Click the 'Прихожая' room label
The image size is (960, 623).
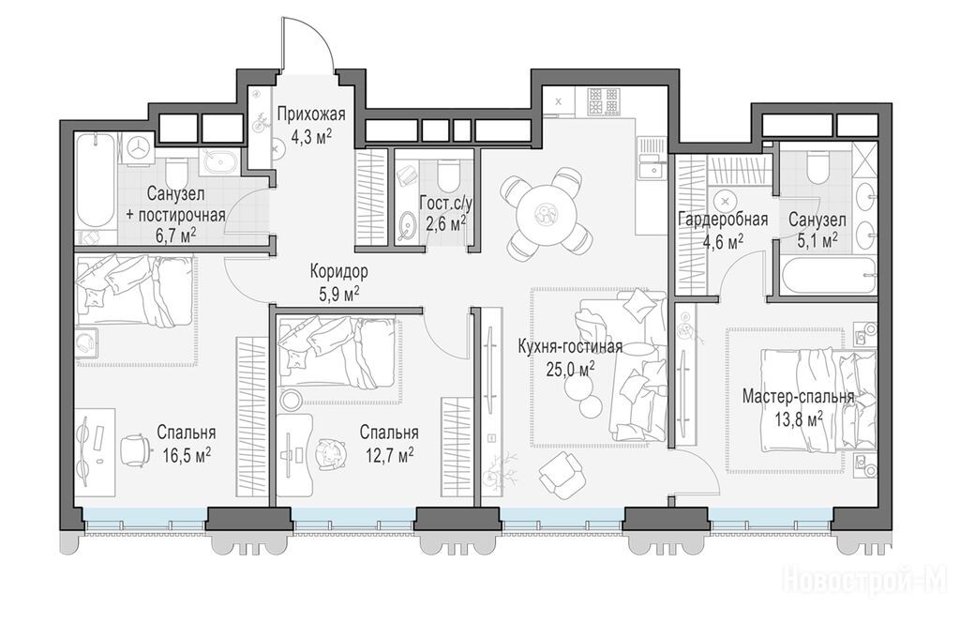pyautogui.click(x=311, y=114)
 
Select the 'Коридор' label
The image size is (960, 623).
pyautogui.click(x=338, y=271)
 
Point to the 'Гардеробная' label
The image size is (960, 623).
pyautogui.click(x=723, y=220)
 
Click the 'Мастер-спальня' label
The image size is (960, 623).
pyautogui.click(x=798, y=397)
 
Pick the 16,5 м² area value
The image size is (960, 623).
pyautogui.click(x=187, y=454)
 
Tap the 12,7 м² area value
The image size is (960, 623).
pyautogui.click(x=389, y=454)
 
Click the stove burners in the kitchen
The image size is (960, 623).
pyautogui.click(x=604, y=101)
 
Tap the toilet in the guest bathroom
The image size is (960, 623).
pyautogui.click(x=449, y=173)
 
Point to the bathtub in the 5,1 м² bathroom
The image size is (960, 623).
pyautogui.click(x=828, y=277)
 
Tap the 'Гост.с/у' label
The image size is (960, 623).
pyautogui.click(x=443, y=203)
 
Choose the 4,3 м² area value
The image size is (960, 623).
pyautogui.click(x=311, y=136)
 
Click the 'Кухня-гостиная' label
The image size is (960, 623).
pyautogui.click(x=570, y=347)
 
